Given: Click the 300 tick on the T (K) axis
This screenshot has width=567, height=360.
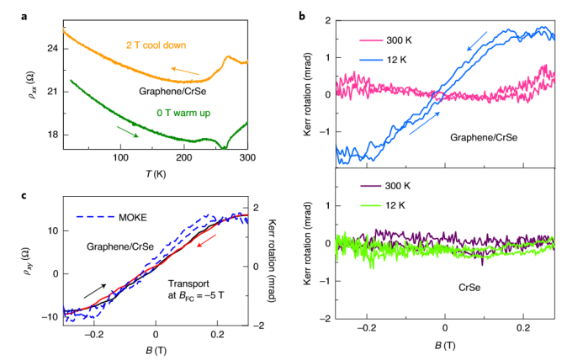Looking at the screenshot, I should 246,157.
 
